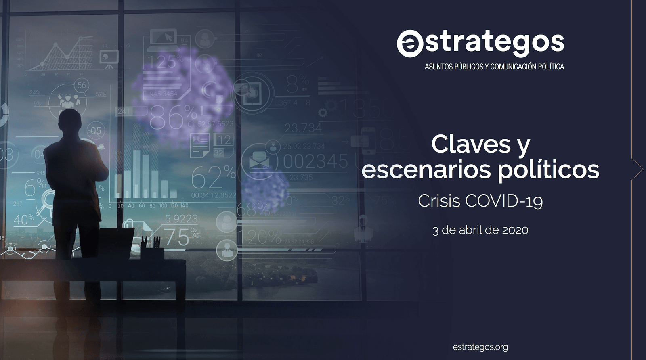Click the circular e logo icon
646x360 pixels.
(409, 43)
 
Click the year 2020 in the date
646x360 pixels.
(515, 230)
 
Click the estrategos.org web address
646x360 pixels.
(480, 347)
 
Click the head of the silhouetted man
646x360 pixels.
(70, 121)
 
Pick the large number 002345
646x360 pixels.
(315, 161)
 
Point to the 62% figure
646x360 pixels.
(213, 177)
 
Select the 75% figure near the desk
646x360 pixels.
(182, 237)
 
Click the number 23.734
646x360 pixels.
(303, 128)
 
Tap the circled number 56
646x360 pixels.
(82, 85)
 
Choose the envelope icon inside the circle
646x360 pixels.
(259, 161)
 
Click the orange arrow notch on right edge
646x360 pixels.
(637, 169)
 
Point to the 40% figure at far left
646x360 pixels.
(23, 220)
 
